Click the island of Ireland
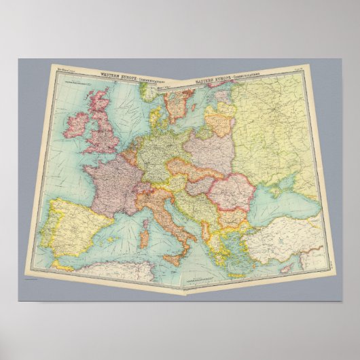pos(75,124)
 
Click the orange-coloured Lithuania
pos(219,123)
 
